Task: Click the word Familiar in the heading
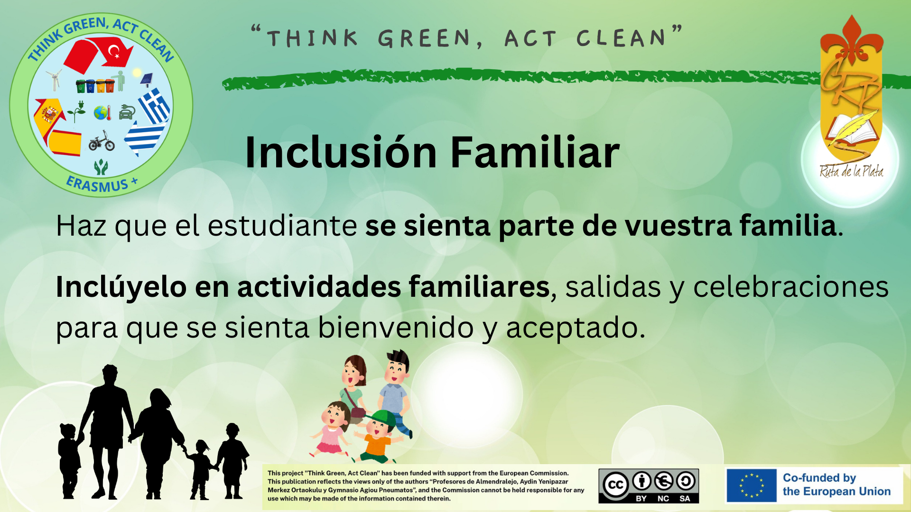535,152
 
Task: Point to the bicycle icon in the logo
102,141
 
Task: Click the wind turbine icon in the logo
55,80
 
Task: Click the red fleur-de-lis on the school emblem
851,40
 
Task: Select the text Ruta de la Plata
852,171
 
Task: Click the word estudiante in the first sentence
282,226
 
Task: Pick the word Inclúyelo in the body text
121,287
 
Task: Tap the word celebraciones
791,287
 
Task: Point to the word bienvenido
396,328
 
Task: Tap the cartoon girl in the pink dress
332,429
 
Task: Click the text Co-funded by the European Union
837,485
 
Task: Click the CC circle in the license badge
616,485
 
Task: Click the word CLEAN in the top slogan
622,38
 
